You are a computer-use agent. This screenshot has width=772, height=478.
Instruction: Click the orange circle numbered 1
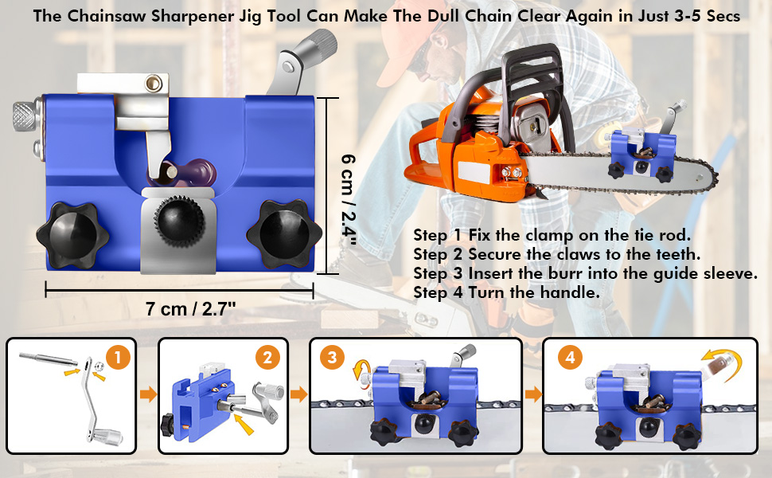pyautogui.click(x=118, y=357)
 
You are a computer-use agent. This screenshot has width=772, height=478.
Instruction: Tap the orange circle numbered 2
pyautogui.click(x=268, y=357)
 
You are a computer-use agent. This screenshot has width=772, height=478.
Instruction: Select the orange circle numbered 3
pyautogui.click(x=333, y=357)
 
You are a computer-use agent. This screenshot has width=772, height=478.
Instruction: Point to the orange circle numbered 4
pyautogui.click(x=570, y=357)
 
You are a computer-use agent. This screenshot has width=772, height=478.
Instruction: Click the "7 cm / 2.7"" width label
pyautogui.click(x=190, y=309)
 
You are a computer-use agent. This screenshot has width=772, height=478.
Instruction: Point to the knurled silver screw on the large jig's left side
pyautogui.click(x=25, y=116)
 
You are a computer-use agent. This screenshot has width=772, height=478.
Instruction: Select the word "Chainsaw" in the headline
pyautogui.click(x=107, y=16)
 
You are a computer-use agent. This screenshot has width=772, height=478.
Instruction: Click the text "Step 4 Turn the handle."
pyautogui.click(x=507, y=292)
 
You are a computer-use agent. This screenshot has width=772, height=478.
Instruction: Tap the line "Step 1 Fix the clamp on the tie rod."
pyautogui.click(x=552, y=235)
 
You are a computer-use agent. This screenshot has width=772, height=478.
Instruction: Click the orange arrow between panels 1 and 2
pyautogui.click(x=148, y=394)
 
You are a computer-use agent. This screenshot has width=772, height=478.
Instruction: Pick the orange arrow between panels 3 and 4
pyautogui.click(x=533, y=394)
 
